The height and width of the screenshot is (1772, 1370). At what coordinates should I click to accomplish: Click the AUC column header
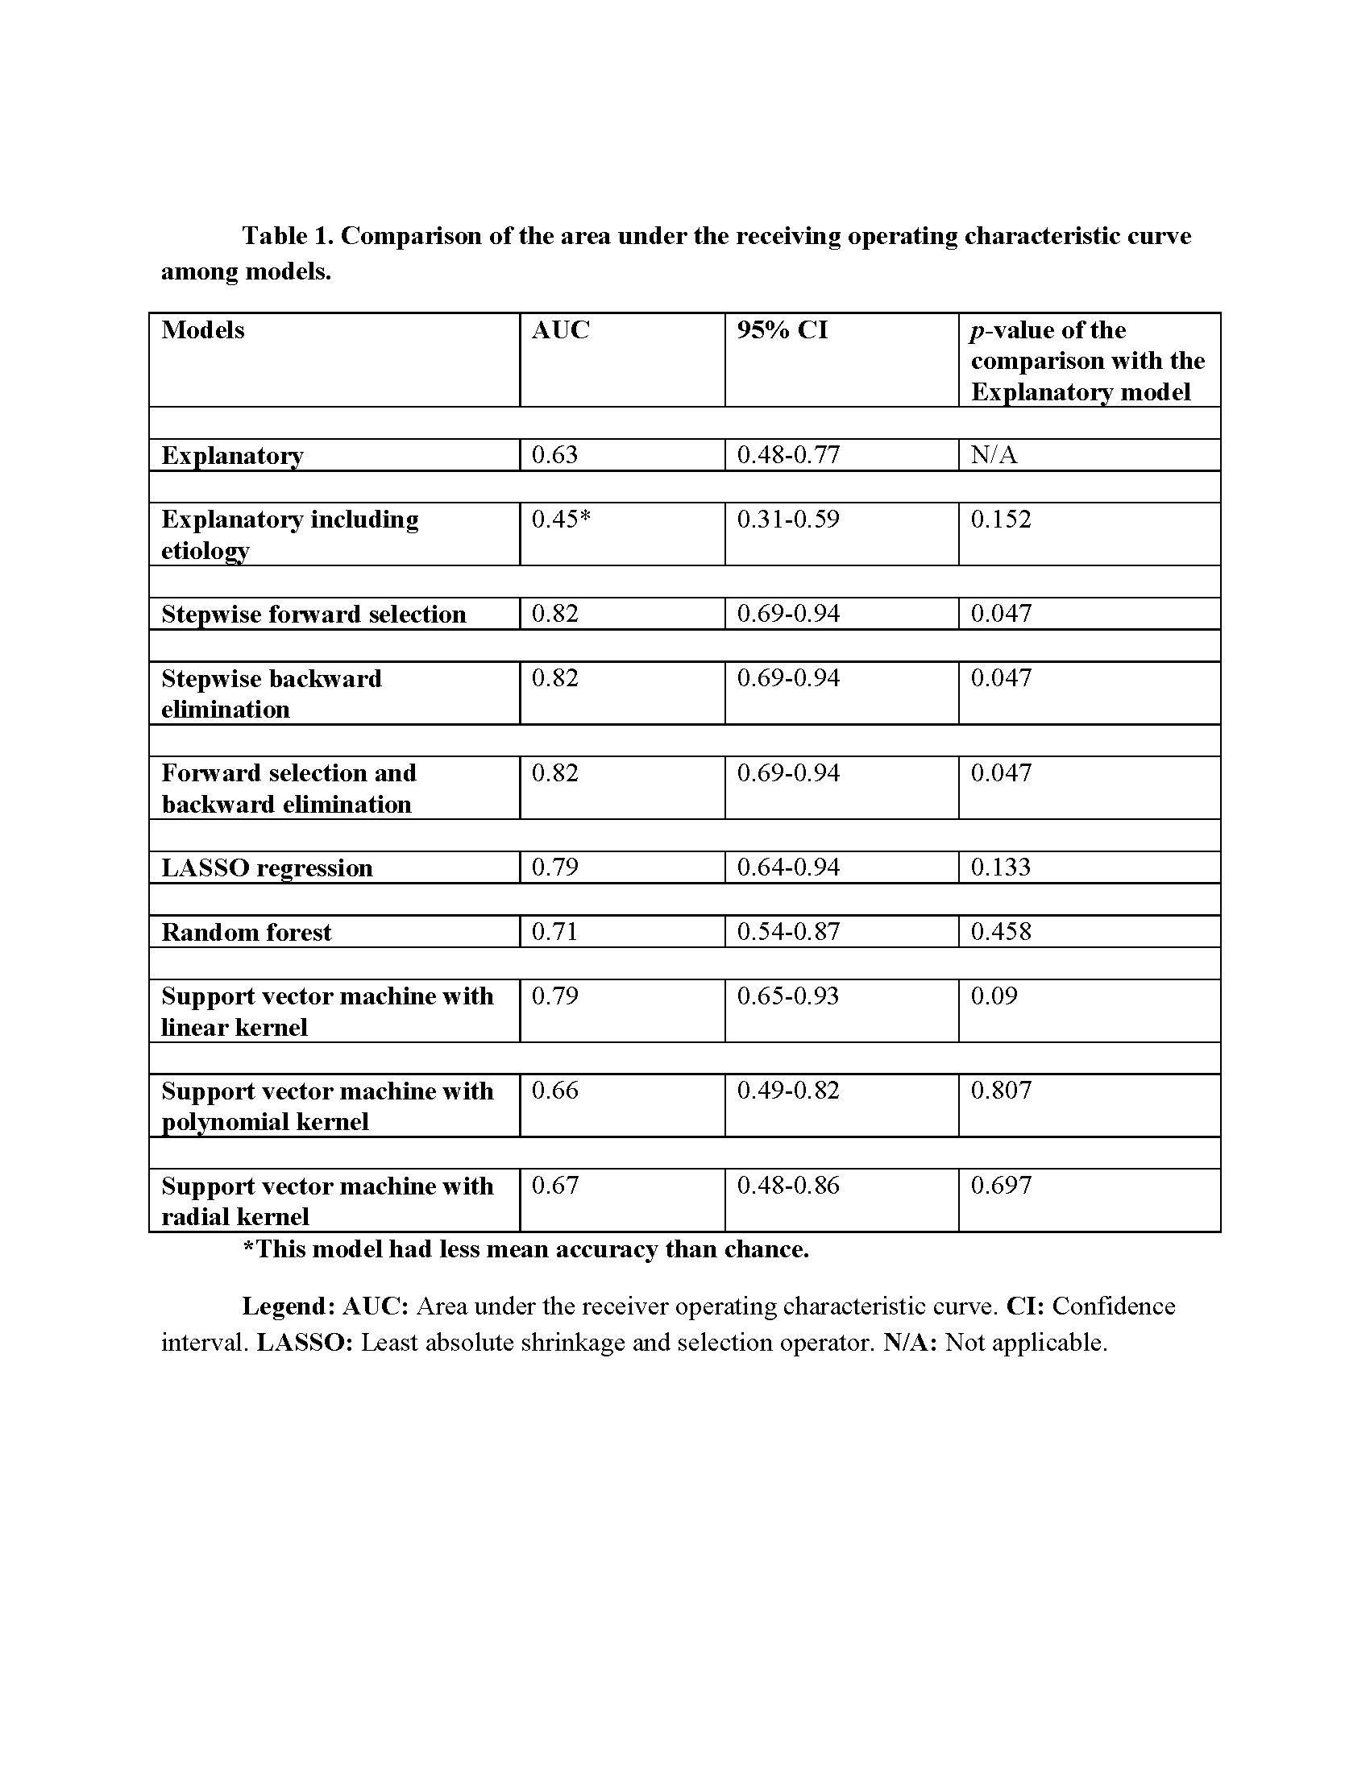[560, 330]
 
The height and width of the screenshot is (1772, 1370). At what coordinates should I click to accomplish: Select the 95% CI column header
[782, 330]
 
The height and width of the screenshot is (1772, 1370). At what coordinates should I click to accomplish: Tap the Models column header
[203, 330]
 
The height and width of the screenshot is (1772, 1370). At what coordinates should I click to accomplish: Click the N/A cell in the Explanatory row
[994, 455]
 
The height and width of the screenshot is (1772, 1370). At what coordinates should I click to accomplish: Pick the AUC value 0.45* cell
[561, 520]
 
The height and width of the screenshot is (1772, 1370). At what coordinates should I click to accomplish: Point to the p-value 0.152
[1001, 520]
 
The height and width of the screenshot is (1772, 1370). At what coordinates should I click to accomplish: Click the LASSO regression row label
[267, 868]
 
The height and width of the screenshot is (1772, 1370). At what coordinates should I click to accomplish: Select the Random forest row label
[246, 932]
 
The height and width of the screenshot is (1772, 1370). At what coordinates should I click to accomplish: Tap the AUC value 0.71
[554, 931]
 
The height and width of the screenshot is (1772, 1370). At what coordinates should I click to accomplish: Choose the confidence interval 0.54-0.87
[787, 931]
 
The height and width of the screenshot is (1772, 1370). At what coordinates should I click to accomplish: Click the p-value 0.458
[1001, 931]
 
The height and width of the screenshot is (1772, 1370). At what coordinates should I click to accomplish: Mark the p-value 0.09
[994, 996]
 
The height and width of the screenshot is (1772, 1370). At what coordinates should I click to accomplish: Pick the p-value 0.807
[1001, 1091]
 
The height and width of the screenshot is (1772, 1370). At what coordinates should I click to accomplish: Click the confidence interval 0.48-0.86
[787, 1186]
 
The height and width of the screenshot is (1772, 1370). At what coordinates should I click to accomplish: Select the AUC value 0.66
[554, 1091]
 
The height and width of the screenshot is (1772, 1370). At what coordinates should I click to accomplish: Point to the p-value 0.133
[1001, 867]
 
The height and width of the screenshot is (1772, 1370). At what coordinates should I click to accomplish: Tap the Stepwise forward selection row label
[313, 615]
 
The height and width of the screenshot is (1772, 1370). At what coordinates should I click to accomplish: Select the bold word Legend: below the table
[289, 1306]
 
